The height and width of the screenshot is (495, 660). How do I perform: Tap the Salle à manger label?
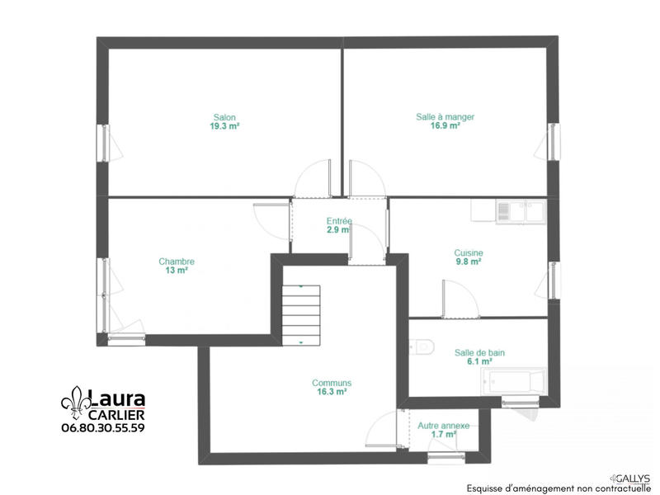click(445, 117)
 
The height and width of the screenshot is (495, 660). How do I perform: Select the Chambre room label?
click(177, 262)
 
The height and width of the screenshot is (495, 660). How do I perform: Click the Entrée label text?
click(339, 221)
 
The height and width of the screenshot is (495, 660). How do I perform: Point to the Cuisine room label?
click(468, 253)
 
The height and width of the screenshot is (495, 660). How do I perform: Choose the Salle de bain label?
click(479, 352)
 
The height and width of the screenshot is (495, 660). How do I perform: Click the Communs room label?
click(332, 383)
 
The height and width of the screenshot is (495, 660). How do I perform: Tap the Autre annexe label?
click(443, 426)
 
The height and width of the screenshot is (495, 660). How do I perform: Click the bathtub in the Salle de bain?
click(515, 383)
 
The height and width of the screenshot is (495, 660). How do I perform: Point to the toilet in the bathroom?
click(422, 347)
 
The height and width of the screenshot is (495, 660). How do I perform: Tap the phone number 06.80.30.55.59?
click(103, 428)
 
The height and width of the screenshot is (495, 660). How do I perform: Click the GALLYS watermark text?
click(633, 478)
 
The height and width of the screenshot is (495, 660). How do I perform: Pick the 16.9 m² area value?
click(445, 127)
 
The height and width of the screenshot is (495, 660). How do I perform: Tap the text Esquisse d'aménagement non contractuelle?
click(559, 488)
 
